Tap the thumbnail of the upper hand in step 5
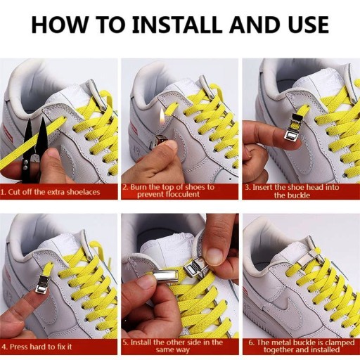point(214,256)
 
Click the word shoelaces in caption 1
point(83,192)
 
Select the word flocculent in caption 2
point(168,194)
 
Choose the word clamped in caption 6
point(338,343)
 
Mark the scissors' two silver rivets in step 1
point(25,164)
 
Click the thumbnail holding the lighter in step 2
point(172,145)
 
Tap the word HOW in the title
point(58,25)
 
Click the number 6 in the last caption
point(251,342)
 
